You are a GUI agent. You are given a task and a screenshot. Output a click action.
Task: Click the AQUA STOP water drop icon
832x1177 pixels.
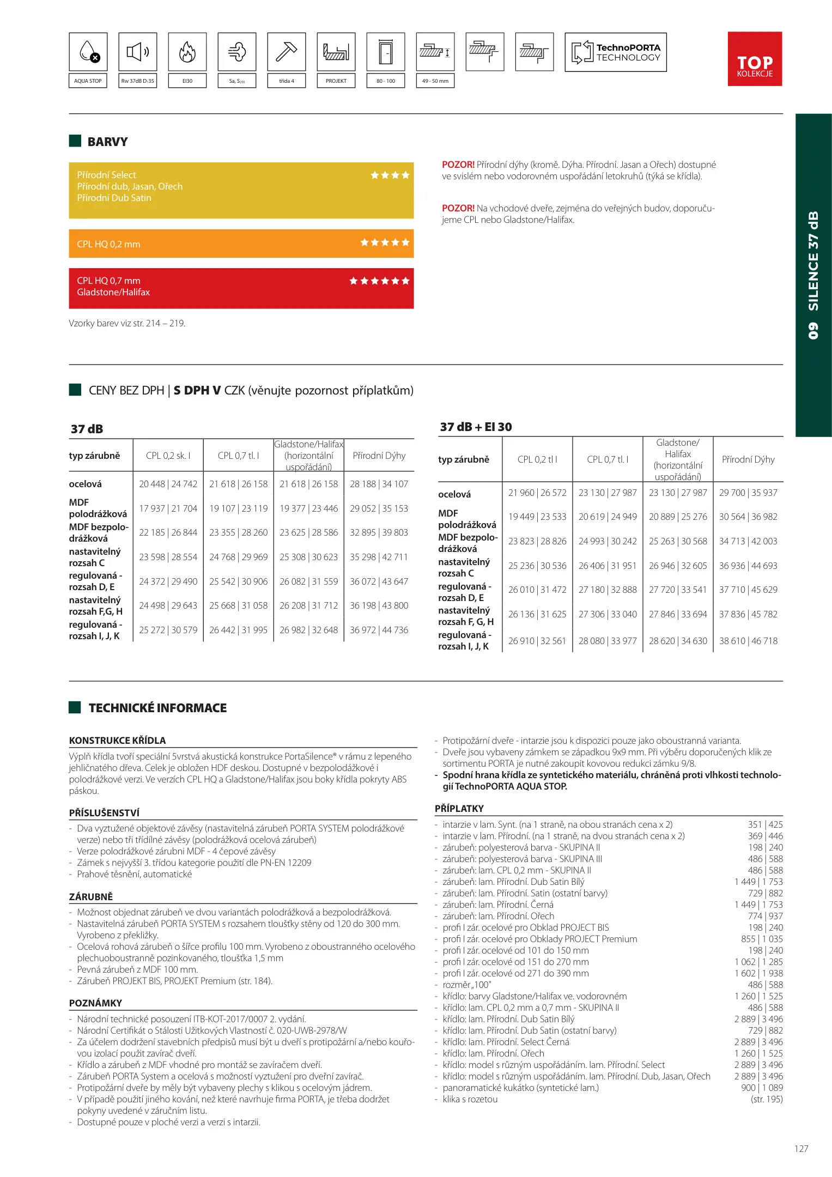(88, 52)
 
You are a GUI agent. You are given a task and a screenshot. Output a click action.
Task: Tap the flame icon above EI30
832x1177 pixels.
(187, 52)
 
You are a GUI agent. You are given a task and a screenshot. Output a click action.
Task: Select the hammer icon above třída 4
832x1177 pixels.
(286, 52)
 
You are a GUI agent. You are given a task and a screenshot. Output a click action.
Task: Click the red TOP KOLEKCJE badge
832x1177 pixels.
(755, 59)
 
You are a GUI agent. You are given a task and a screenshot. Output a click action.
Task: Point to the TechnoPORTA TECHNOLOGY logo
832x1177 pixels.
(616, 52)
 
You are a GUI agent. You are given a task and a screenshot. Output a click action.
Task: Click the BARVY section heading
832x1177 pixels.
(107, 142)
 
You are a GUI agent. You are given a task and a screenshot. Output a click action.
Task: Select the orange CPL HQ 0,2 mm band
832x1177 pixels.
(241, 244)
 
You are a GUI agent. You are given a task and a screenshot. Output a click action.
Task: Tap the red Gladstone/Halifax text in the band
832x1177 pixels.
(113, 293)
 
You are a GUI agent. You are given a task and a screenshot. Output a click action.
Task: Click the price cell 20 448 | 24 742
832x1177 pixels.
(168, 484)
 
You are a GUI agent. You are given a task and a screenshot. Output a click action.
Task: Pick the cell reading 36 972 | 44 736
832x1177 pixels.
(379, 630)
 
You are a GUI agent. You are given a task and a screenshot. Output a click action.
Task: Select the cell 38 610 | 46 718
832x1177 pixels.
(748, 641)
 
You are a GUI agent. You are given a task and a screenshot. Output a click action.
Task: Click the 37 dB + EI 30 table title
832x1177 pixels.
(476, 427)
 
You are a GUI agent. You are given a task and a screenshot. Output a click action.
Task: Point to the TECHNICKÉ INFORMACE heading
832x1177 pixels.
(157, 708)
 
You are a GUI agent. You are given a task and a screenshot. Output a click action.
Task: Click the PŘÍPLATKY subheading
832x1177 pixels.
(459, 809)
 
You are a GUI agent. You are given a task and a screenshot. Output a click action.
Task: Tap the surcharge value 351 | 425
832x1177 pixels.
(765, 824)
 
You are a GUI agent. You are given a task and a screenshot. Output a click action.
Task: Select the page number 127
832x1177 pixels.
(801, 1149)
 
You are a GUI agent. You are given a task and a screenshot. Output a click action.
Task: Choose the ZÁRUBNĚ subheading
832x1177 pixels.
(90, 897)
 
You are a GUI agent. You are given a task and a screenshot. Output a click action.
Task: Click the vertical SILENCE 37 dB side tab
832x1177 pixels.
(813, 275)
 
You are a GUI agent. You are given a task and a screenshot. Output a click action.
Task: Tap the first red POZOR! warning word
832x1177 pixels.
(458, 165)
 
